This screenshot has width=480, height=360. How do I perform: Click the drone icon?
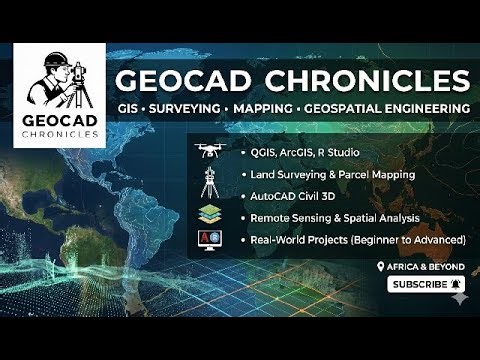point(210,151)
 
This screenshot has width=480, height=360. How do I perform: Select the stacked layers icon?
point(210,214)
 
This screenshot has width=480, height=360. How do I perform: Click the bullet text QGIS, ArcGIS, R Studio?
point(299,154)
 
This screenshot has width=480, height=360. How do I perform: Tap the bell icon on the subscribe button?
point(456,285)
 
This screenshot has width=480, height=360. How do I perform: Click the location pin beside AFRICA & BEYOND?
point(381,267)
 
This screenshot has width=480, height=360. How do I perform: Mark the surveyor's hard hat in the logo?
point(54,58)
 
